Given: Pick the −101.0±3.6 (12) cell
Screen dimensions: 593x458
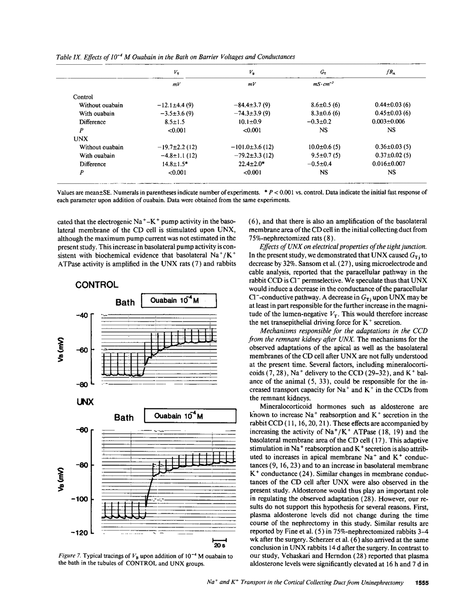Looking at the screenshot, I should [x=252, y=147].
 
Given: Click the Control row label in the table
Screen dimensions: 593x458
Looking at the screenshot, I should [x=83, y=97].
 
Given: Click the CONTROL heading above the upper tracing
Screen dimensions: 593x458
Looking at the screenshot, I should [x=97, y=285].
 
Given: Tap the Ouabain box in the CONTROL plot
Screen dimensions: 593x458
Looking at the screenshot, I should [x=179, y=301].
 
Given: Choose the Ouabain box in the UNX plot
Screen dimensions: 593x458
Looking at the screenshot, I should [x=190, y=416].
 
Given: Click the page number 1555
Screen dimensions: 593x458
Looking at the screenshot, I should [x=422, y=583].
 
